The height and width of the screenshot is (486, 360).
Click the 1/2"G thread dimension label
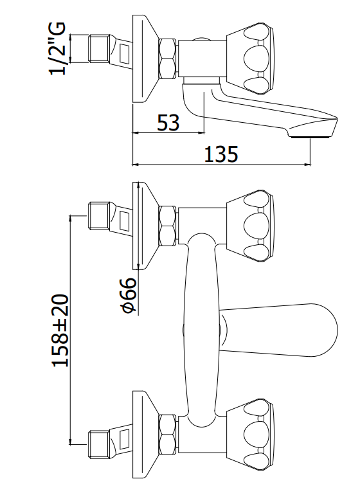(x=57, y=48)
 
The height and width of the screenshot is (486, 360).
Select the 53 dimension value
(x=168, y=122)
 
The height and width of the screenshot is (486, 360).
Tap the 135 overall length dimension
(x=221, y=154)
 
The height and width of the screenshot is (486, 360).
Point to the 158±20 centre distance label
(x=60, y=330)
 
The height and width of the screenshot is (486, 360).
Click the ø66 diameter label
(x=127, y=295)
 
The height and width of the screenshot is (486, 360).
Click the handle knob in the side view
(x=250, y=59)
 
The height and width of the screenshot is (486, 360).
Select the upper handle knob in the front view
(x=250, y=226)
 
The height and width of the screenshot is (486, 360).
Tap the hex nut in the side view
(x=167, y=59)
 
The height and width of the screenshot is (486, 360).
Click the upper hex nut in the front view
(x=167, y=226)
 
